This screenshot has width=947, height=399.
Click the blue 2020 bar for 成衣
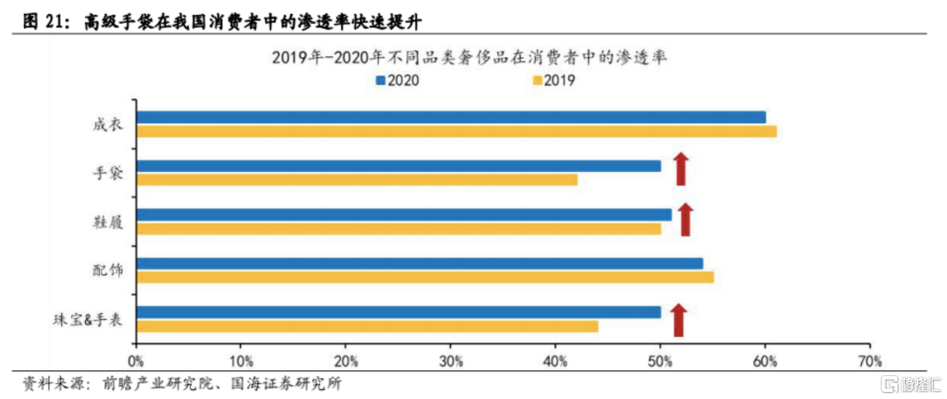451,117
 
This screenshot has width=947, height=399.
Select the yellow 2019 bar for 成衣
456,132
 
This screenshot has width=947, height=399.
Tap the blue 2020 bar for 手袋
398,166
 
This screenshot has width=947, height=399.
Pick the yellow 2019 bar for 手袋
356,180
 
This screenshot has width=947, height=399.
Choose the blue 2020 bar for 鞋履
403,214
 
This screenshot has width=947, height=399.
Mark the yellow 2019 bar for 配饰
424,277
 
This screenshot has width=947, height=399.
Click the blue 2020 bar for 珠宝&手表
398,311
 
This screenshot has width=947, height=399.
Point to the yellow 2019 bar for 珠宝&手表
367,326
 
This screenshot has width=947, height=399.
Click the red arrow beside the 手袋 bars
680,168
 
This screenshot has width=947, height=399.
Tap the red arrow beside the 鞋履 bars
686,218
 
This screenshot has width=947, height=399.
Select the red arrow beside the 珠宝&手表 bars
678,320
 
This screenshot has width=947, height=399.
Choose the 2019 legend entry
553,81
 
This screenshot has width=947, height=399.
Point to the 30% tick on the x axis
451,360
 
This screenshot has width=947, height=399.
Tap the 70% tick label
869,360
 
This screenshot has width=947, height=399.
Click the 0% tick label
136,360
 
